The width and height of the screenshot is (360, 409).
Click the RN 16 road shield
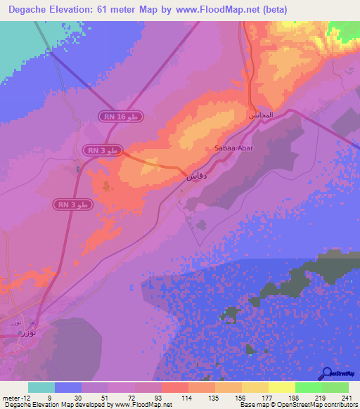click(121, 117)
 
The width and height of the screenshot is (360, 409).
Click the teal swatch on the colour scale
click(41, 387)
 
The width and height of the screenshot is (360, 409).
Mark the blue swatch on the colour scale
click(68, 387)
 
